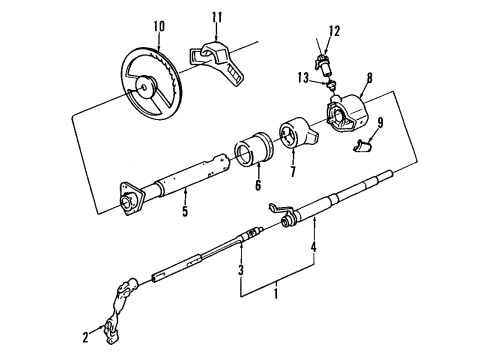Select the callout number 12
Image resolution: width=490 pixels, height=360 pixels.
[x=335, y=31]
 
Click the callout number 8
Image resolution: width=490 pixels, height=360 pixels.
[x=369, y=74]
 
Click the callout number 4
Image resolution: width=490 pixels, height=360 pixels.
[x=314, y=246]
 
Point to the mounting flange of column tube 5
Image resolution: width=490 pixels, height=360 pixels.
[x=129, y=199]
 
